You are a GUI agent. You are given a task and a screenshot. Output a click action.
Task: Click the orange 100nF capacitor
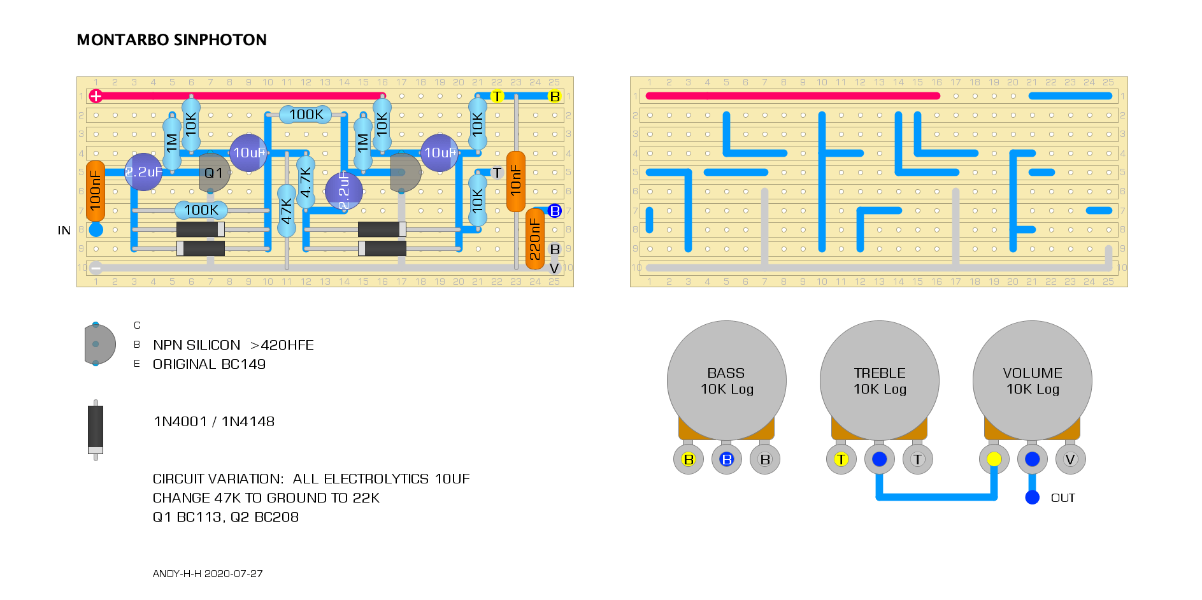click(96, 191)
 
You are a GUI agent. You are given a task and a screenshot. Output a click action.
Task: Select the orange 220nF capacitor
click(535, 239)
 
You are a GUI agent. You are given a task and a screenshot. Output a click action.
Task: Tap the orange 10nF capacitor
click(516, 182)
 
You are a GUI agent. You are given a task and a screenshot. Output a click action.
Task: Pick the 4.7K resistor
click(306, 182)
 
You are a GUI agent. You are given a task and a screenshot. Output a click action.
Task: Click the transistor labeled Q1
click(214, 173)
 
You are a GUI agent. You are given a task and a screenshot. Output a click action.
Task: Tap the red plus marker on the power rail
click(96, 96)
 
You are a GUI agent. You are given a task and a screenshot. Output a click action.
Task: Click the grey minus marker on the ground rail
click(96, 268)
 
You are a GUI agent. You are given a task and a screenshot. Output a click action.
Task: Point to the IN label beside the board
click(64, 231)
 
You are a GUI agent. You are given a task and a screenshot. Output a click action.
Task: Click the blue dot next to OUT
click(1033, 497)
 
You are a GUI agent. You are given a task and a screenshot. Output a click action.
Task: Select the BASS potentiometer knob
click(727, 380)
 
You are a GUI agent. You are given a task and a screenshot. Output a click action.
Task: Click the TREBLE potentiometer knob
click(880, 380)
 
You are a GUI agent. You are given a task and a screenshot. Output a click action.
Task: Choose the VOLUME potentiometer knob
click(1033, 380)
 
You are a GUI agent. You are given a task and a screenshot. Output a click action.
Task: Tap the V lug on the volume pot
click(1071, 459)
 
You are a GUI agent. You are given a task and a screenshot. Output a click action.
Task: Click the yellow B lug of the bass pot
click(689, 459)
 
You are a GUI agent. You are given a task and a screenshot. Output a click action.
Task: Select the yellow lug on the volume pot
click(994, 459)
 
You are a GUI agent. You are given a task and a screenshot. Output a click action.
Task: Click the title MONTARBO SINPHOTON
click(172, 40)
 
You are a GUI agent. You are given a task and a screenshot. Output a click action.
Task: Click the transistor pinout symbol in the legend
click(99, 345)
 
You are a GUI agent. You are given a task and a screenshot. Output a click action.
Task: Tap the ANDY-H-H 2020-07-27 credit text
click(208, 574)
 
